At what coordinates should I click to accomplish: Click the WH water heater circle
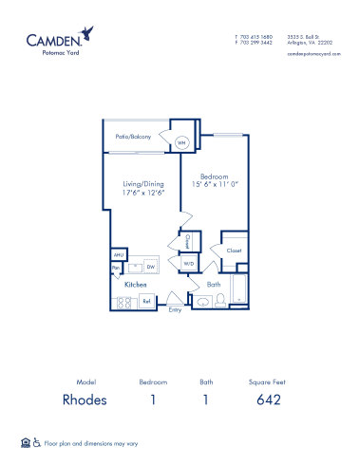point(180,142)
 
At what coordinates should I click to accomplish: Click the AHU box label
point(118,254)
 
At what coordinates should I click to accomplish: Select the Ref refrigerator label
point(146,302)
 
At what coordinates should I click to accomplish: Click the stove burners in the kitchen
point(123,302)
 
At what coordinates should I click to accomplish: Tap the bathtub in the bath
point(239,290)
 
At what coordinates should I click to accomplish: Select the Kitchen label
point(134,284)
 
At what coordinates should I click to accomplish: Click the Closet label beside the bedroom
point(234,251)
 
